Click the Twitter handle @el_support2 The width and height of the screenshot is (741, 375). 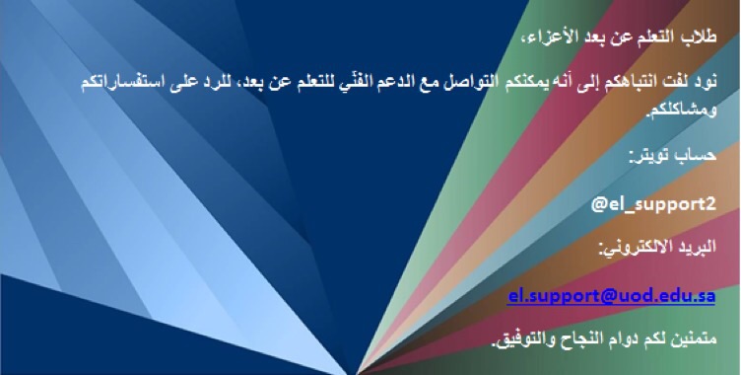coord(653,204)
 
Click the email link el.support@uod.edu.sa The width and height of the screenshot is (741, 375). coord(612,296)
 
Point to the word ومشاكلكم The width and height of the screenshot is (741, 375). coord(682,112)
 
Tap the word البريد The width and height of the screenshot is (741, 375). coord(697,246)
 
